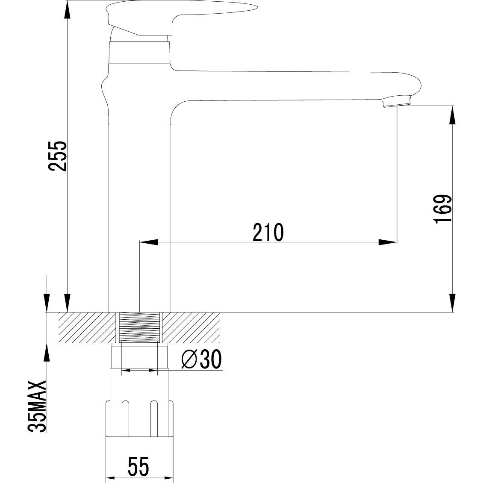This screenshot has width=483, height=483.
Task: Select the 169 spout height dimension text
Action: (x=441, y=209)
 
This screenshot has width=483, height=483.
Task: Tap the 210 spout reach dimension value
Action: (x=268, y=232)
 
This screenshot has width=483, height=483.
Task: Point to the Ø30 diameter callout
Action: (x=201, y=360)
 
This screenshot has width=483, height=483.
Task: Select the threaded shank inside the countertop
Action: (x=139, y=327)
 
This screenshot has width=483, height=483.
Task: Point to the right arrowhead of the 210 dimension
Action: (x=388, y=242)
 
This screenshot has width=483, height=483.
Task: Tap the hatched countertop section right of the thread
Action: (x=190, y=327)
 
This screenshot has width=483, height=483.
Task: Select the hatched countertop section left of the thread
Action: (x=81, y=327)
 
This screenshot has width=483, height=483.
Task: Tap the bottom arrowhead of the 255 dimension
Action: (x=67, y=303)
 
